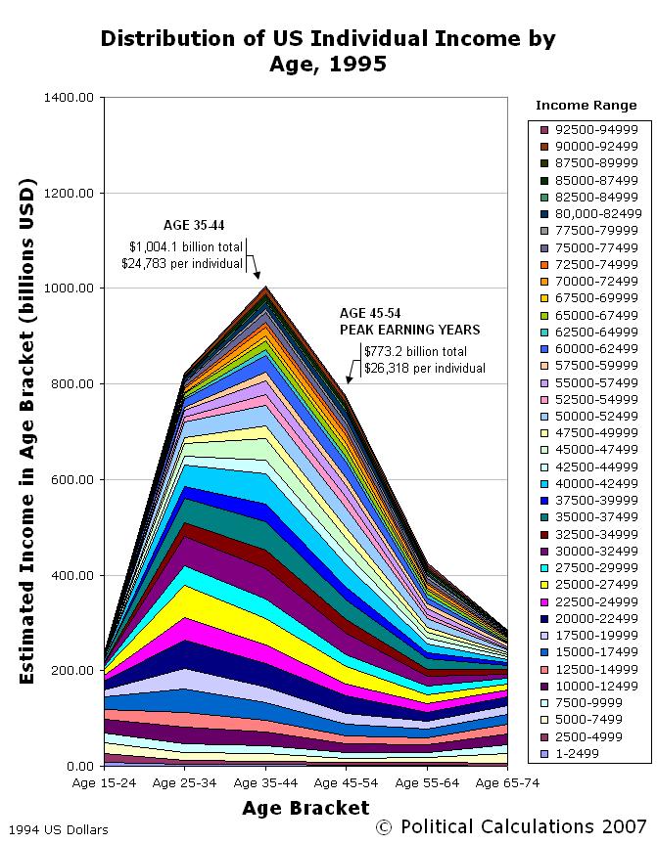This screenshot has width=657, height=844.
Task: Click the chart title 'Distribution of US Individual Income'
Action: coord(328,39)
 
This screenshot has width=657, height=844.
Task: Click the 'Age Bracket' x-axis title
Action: coord(306,808)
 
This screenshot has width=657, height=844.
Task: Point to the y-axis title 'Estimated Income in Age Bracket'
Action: coord(28,430)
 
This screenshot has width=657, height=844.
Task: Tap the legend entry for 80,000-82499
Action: coord(597,213)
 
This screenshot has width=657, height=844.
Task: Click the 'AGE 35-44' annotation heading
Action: coord(193,225)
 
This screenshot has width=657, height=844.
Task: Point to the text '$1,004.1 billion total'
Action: coord(186,246)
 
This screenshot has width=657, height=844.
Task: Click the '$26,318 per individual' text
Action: coord(424,368)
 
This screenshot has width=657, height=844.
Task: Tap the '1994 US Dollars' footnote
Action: coord(55,830)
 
